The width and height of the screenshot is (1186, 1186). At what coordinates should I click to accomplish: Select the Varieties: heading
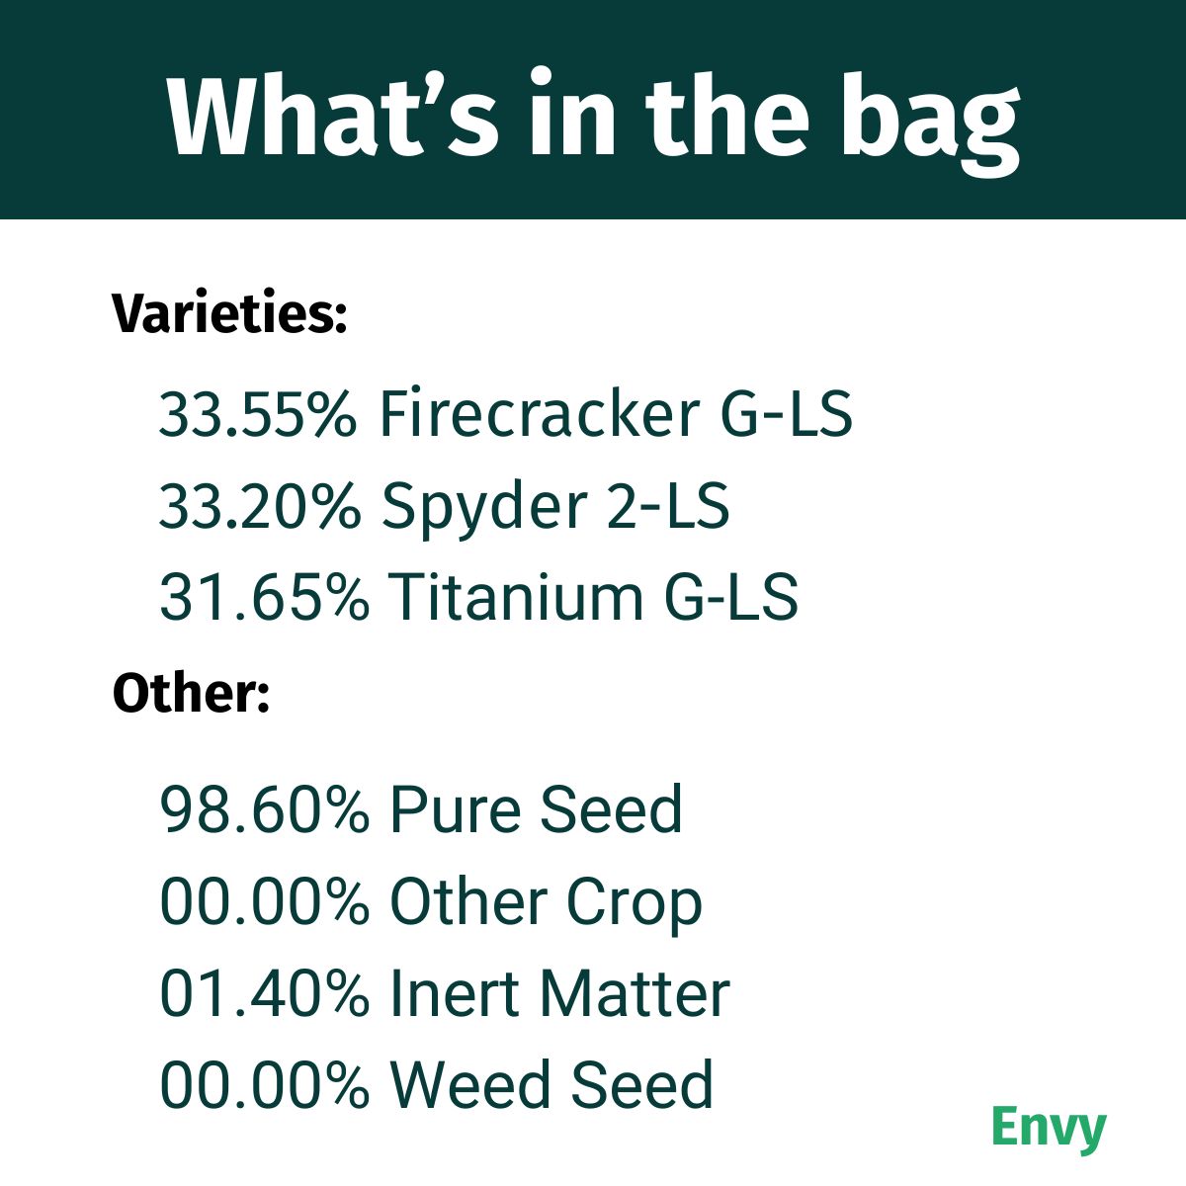pyautogui.click(x=229, y=314)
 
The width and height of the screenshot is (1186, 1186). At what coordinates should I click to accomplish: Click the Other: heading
pyautogui.click(x=191, y=693)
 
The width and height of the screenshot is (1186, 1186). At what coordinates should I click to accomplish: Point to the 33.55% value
pyautogui.click(x=258, y=414)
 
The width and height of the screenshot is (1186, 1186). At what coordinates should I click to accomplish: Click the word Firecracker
pyautogui.click(x=540, y=414)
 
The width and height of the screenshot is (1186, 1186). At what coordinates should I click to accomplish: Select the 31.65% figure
pyautogui.click(x=264, y=597)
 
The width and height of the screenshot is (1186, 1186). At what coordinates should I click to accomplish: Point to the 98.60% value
pyautogui.click(x=264, y=809)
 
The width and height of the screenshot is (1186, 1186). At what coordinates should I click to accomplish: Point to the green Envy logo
pyautogui.click(x=1049, y=1128)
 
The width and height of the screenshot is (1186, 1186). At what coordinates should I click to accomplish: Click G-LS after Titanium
pyautogui.click(x=731, y=597)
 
